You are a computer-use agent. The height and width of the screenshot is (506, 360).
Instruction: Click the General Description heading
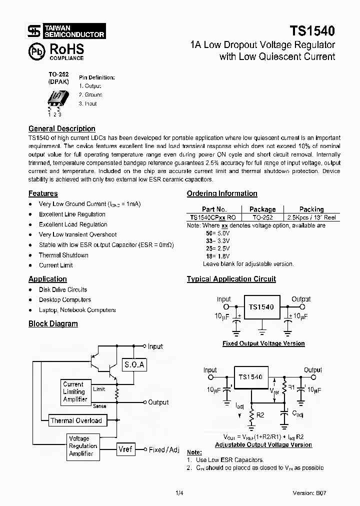61,128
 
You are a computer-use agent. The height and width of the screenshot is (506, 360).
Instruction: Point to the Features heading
43,193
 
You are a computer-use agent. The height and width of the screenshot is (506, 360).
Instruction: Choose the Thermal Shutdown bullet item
63,255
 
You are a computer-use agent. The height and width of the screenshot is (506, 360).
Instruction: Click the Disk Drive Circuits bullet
63,289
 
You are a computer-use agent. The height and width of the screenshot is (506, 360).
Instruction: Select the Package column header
262,209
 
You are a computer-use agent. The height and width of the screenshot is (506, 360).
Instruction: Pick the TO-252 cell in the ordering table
262,217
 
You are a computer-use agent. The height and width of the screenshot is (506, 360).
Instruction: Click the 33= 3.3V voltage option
217,240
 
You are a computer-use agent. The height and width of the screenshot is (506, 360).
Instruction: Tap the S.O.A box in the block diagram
134,364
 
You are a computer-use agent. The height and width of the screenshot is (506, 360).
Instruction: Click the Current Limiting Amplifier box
75,391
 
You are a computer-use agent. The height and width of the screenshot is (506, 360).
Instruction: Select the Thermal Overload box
76,420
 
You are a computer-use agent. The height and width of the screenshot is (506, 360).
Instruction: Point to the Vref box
125,449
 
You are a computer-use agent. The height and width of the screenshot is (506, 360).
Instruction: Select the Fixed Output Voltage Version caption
263,343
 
